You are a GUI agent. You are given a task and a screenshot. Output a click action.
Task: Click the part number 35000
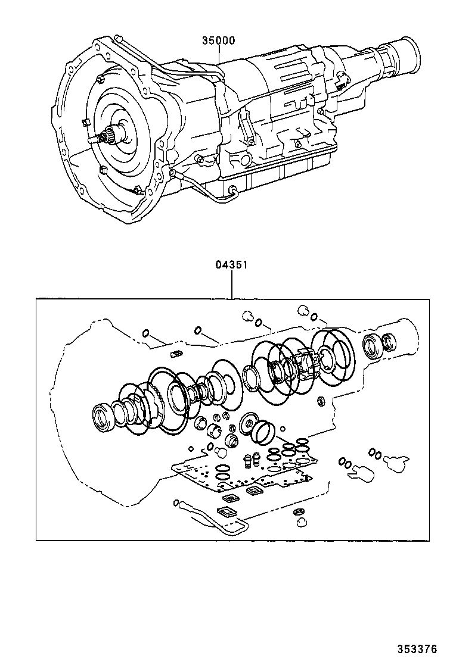218,41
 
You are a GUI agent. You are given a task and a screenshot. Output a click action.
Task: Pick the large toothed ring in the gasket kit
160,396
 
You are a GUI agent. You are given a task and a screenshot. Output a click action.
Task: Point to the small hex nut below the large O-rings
320,401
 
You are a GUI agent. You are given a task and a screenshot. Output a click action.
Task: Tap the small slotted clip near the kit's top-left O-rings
175,356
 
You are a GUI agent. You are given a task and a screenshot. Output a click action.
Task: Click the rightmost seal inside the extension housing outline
389,342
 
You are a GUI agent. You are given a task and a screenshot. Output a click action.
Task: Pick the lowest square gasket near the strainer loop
227,511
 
